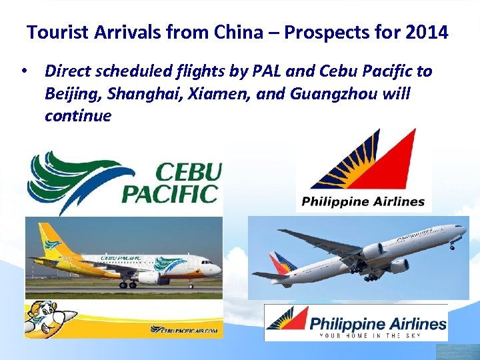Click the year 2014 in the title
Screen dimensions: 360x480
tap(426, 32)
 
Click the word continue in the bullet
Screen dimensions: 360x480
tap(78, 116)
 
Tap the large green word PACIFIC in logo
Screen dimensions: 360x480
tap(171, 194)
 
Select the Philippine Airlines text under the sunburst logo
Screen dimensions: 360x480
tap(363, 201)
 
